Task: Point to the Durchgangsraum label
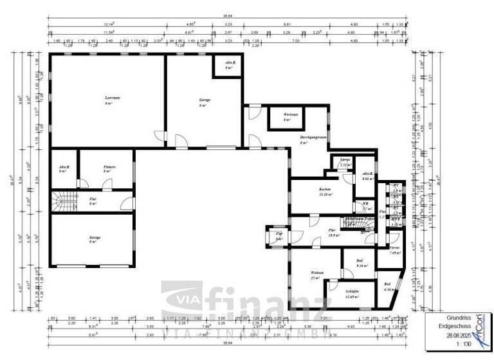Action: coord(311,139)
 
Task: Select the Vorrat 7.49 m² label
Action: coord(394,250)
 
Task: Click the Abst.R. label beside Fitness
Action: coord(64,168)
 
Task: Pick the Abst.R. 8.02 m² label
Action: coord(368,176)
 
